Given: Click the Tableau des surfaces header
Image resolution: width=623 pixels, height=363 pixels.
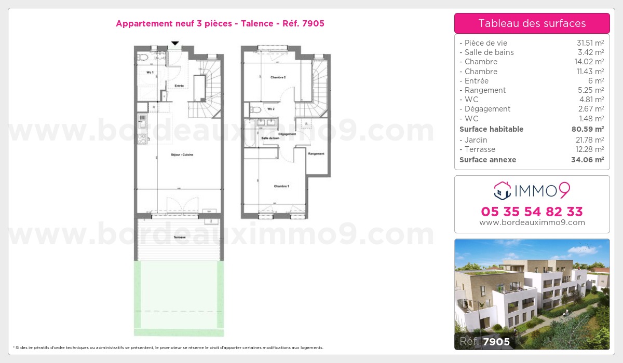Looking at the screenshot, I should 532,23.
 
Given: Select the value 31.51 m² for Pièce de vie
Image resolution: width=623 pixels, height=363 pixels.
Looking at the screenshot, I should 590,43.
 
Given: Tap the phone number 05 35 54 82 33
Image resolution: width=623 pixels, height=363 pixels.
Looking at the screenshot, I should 532,212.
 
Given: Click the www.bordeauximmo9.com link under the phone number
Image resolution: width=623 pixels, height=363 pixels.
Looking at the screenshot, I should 532,222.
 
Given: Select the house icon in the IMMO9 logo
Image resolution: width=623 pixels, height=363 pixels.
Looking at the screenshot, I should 502,191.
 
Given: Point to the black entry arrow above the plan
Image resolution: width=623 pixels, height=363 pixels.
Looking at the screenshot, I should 175,43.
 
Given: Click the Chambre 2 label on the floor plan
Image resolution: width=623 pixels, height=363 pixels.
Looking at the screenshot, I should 278,77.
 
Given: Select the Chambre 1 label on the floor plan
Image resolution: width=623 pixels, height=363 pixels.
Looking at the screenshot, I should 281,186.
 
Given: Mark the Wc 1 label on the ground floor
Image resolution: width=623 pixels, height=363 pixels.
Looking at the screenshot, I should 150,73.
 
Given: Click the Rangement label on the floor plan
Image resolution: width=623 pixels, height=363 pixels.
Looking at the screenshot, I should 316,153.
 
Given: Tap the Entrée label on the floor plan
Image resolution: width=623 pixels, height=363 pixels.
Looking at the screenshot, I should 179,86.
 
